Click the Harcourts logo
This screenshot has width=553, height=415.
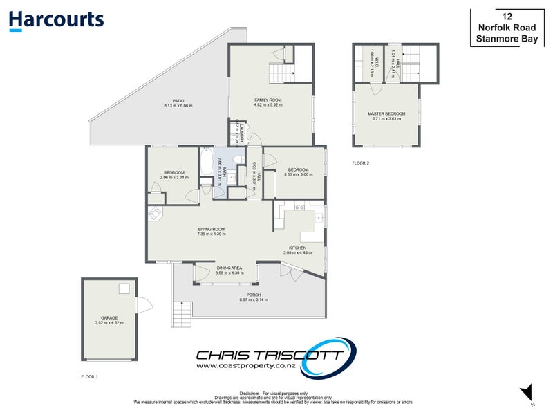coord(57,20)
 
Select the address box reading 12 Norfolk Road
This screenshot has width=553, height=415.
coord(511,28)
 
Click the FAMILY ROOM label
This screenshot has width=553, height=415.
coord(268,100)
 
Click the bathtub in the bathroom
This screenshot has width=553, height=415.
coord(206,163)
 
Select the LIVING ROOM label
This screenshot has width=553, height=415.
coord(211,230)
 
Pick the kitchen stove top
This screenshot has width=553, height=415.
coord(299,206)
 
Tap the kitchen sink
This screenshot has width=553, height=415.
coord(319,218)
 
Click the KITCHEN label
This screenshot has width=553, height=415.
coord(297,248)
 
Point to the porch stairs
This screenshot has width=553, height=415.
coord(181,315)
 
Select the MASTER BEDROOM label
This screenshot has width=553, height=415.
coord(386,113)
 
